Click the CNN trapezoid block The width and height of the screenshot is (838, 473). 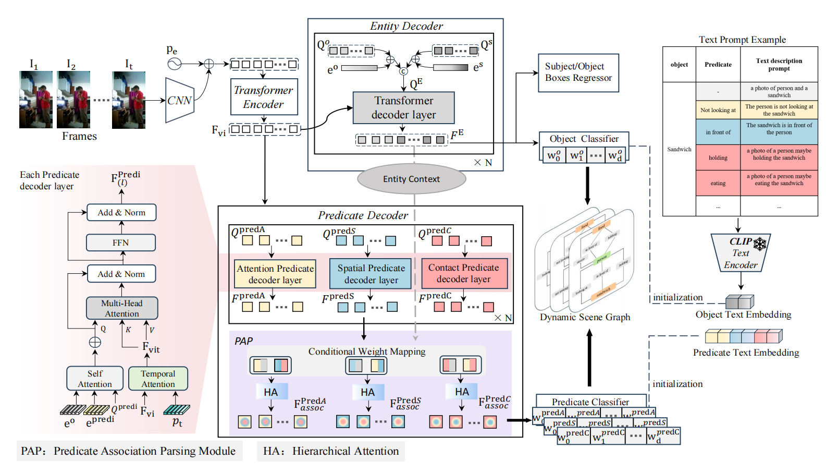coord(179,101)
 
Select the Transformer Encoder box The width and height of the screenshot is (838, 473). coord(264,97)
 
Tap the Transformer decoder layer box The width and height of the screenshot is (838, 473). coord(403,108)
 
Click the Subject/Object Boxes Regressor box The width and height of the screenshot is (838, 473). coord(578,72)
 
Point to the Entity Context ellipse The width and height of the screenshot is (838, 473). coord(411,179)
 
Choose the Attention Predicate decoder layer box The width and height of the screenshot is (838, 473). coord(275,274)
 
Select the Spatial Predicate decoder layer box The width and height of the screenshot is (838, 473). coord(371,274)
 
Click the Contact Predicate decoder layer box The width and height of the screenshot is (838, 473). coord(464,273)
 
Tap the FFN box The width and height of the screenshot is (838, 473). coord(121,242)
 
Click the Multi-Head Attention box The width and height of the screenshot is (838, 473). coord(122,308)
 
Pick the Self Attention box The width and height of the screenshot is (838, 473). coord(95,379)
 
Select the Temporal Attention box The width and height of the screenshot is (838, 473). coord(158,379)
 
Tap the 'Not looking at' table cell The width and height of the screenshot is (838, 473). coord(718,110)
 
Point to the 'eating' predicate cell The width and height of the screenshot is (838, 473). coord(718,184)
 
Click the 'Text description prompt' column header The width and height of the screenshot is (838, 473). coord(779,65)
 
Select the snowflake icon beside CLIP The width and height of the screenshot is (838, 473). coord(760,243)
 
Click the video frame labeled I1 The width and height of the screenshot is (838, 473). coord(36,100)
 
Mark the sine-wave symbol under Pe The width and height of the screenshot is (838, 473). coord(174,64)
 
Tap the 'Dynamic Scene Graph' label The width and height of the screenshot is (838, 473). coord(585,317)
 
